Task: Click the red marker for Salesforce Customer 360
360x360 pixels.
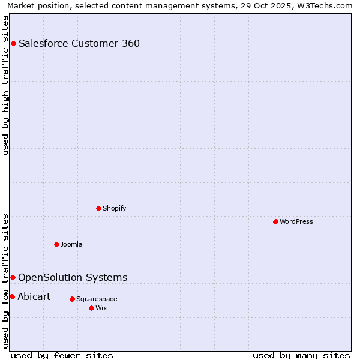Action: pyautogui.click(x=13, y=43)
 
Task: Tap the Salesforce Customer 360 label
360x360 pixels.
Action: pyautogui.click(x=79, y=43)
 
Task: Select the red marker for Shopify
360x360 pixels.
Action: pyautogui.click(x=98, y=208)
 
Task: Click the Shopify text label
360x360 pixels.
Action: pyautogui.click(x=115, y=208)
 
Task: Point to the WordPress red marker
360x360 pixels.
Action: pyautogui.click(x=275, y=221)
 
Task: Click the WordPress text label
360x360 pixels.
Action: pyautogui.click(x=296, y=221)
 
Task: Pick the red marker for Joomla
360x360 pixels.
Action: pyautogui.click(x=56, y=244)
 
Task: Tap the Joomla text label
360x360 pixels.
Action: pyautogui.click(x=71, y=244)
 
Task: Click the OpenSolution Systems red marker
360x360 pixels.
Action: pyautogui.click(x=13, y=277)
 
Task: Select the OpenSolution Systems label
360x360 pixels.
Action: pyautogui.click(x=73, y=277)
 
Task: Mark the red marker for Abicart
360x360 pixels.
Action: pyautogui.click(x=12, y=296)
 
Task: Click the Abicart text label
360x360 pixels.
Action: pyautogui.click(x=34, y=296)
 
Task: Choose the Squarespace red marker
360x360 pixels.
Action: pyautogui.click(x=72, y=299)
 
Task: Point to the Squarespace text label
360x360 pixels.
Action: pyautogui.click(x=97, y=299)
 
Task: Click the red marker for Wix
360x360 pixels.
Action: pyautogui.click(x=91, y=308)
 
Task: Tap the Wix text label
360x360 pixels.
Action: pyautogui.click(x=101, y=308)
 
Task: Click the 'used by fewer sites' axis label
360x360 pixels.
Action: pyautogui.click(x=62, y=355)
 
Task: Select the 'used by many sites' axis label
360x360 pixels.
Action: pyautogui.click(x=301, y=355)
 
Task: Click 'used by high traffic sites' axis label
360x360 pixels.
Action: pyautogui.click(x=5, y=85)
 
